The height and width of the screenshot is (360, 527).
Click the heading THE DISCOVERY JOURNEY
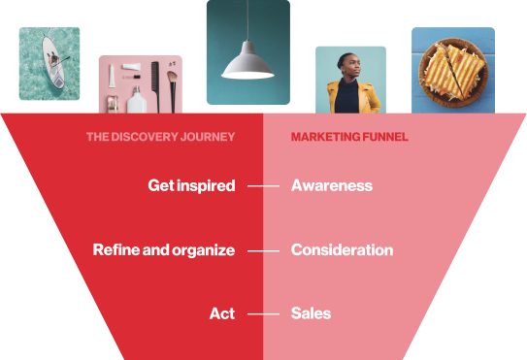[x=160, y=138]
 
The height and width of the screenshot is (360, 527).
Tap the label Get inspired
[x=191, y=185]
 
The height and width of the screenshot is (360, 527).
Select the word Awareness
[x=331, y=185]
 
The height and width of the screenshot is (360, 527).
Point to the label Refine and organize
[x=163, y=250]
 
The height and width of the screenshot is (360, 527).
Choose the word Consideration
[x=342, y=250]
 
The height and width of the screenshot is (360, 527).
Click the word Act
[x=221, y=313]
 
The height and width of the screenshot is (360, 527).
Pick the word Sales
[x=311, y=313]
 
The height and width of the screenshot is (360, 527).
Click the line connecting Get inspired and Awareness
[x=263, y=185]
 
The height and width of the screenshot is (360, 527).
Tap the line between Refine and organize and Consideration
[x=263, y=250]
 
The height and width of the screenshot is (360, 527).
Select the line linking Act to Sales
[x=263, y=313]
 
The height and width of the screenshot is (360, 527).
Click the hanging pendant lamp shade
[x=247, y=65]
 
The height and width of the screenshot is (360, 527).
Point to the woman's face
[x=348, y=68]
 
